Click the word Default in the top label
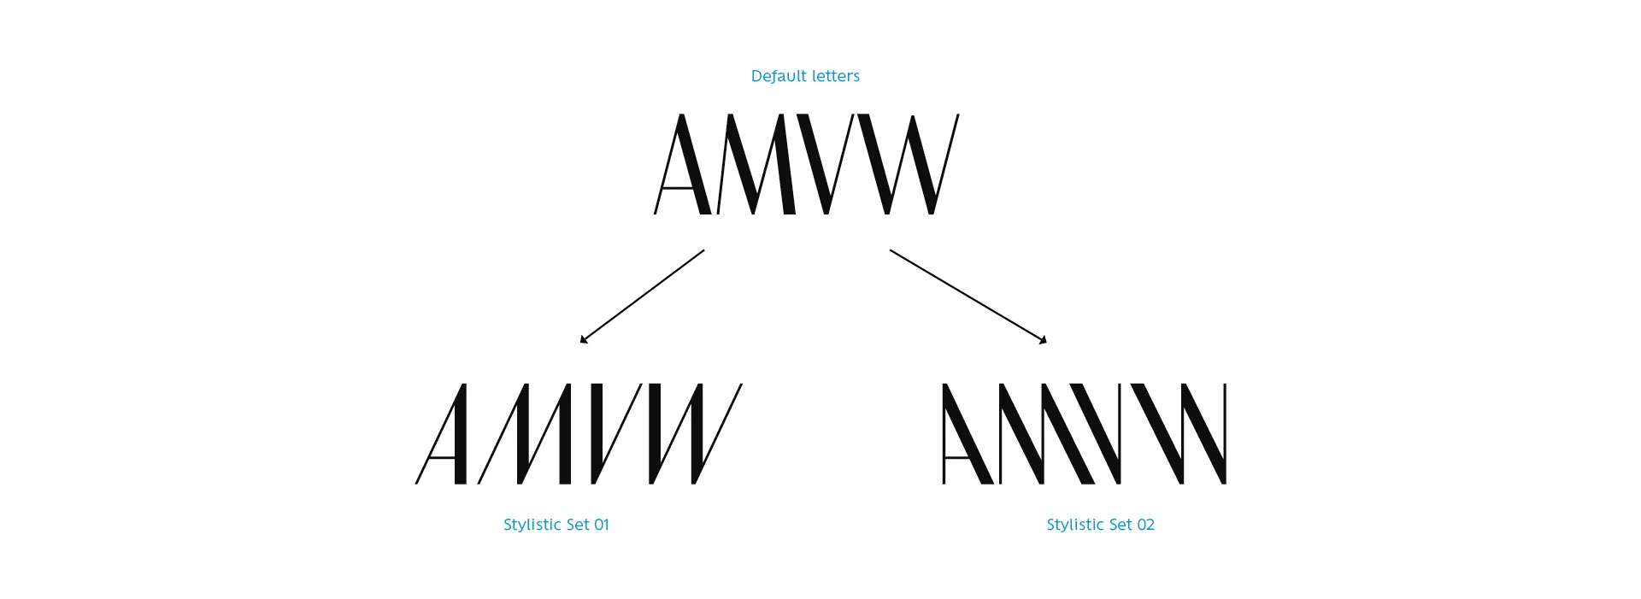tap(777, 76)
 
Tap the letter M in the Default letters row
tap(756, 164)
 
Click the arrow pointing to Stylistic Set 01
tap(642, 297)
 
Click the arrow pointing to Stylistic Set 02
tap(968, 297)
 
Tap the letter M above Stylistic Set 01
tap(525, 434)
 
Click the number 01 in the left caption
tap(601, 525)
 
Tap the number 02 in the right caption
tap(1145, 525)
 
